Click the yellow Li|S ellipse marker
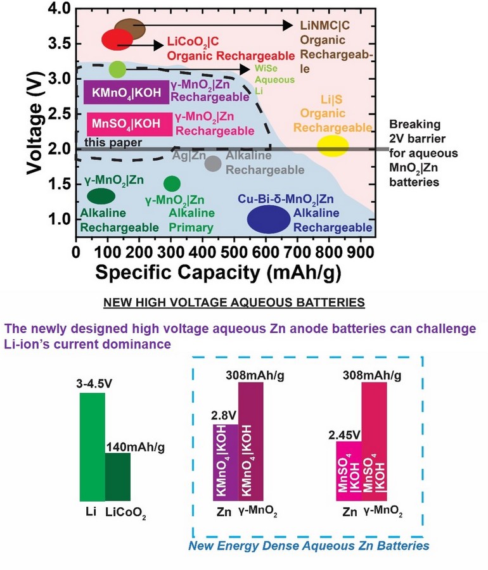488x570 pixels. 333,146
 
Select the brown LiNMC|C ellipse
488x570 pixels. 131,28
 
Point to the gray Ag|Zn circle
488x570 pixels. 213,163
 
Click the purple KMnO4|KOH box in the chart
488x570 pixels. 127,93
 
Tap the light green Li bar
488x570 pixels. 92,447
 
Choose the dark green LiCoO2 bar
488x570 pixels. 117,477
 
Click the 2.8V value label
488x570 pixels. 224,416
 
